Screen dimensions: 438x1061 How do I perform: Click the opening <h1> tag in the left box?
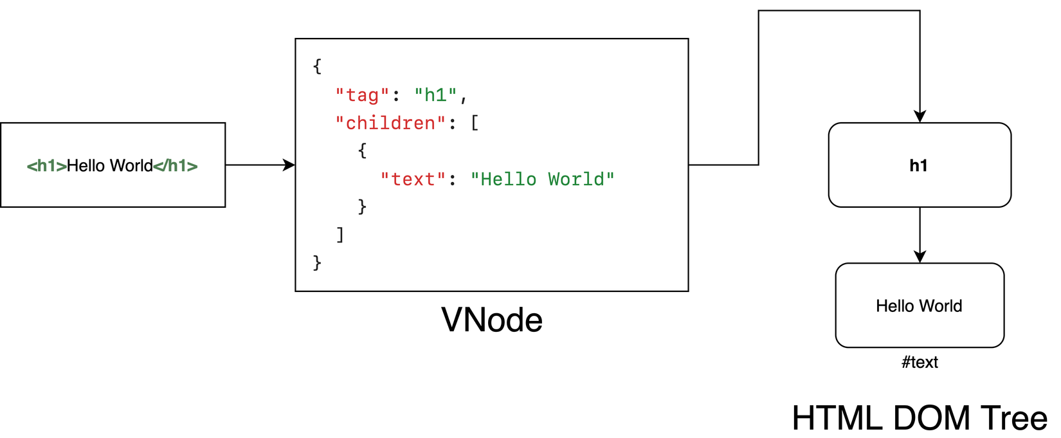46,166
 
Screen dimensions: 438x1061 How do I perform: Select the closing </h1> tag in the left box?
176,166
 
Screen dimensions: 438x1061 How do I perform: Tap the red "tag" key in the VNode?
362,95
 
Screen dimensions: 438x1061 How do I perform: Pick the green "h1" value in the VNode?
435,95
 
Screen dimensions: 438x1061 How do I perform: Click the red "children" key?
390,123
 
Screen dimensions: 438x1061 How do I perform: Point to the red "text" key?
413,179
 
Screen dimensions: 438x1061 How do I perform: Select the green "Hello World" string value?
542,179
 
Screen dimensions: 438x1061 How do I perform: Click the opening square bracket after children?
475,123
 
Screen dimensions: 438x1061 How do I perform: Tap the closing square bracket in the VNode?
340,235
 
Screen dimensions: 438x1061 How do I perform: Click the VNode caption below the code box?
492,320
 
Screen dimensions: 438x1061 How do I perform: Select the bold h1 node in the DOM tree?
919,165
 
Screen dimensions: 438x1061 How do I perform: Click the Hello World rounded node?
919,306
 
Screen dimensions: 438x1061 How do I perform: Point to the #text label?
920,362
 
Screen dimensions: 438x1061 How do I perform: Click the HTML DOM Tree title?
920,418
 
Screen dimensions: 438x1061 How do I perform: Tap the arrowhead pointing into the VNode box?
290,165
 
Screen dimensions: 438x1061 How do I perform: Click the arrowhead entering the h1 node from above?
920,116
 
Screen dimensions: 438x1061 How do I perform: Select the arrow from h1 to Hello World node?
920,235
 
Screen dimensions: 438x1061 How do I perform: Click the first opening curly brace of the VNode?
317,66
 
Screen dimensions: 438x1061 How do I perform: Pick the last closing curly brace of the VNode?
317,262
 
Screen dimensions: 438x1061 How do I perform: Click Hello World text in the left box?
110,166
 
